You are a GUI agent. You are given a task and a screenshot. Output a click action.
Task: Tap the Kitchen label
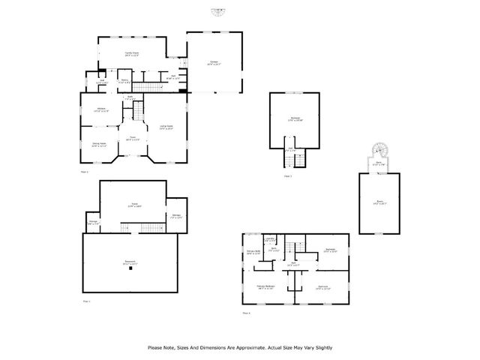tap(101, 109)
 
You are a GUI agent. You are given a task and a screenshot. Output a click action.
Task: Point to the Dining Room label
tap(99, 145)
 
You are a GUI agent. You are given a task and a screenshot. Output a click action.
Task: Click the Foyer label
tap(132, 138)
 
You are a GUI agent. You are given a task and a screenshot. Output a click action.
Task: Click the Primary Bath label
tap(253, 252)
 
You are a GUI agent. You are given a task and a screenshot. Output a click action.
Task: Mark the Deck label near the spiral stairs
tap(380, 163)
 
